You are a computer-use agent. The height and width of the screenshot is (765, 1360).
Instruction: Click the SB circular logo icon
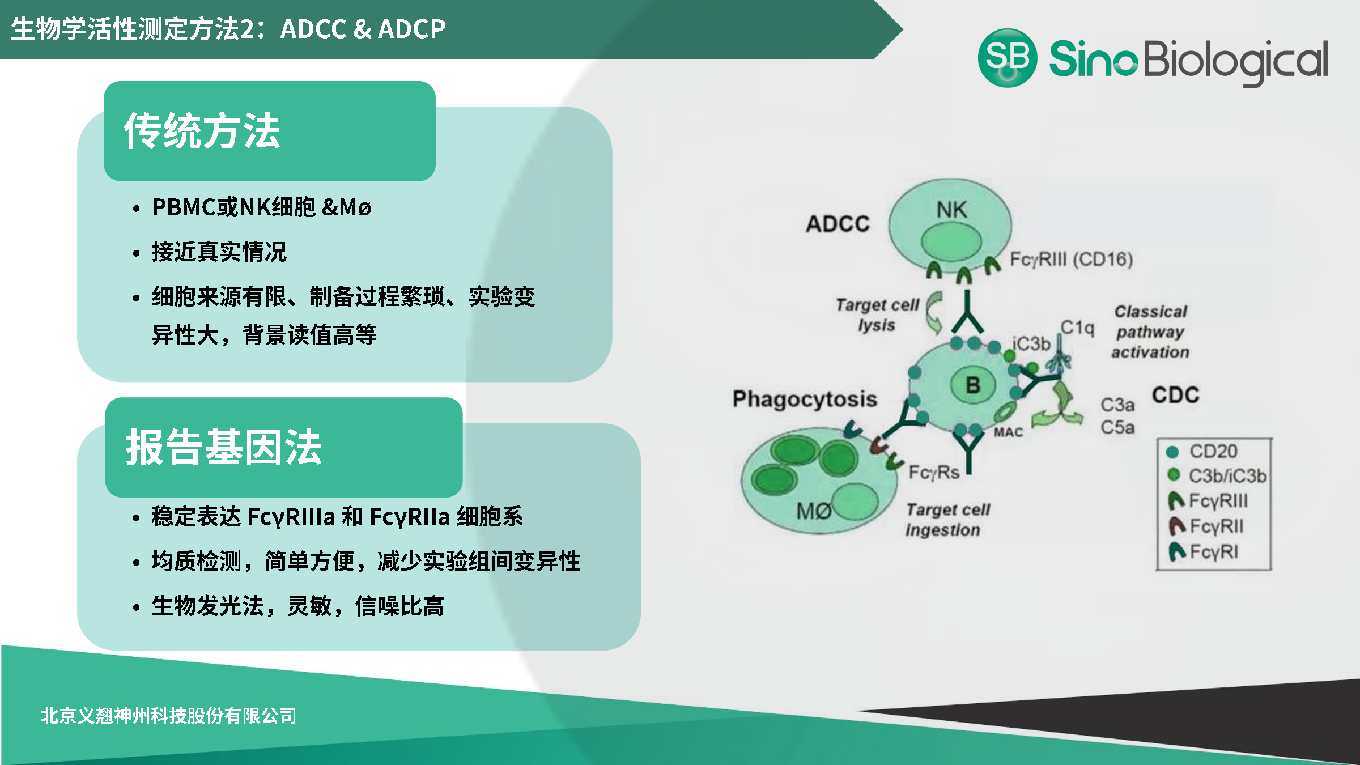(1008, 58)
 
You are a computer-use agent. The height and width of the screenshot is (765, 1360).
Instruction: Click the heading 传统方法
(202, 131)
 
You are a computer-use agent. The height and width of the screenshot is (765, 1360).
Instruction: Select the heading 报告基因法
(224, 447)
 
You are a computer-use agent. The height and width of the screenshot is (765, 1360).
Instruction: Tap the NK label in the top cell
(951, 210)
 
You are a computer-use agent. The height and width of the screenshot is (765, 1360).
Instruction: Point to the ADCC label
(838, 224)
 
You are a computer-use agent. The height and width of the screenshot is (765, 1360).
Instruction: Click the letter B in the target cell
(973, 385)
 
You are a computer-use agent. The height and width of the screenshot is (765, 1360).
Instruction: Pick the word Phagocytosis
(805, 399)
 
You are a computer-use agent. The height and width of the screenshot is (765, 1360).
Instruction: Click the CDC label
(1176, 395)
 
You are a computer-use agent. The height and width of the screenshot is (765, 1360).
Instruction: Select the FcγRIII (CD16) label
(1072, 260)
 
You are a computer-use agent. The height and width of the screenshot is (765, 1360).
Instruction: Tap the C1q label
(1077, 328)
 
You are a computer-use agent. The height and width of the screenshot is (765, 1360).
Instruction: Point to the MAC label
(1009, 432)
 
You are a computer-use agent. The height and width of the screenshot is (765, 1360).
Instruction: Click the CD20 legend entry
(1213, 451)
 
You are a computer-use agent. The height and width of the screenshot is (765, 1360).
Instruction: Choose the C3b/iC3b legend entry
(1227, 476)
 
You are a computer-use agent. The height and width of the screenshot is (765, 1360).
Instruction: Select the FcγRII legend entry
(1216, 526)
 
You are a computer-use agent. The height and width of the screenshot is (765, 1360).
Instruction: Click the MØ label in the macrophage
(814, 512)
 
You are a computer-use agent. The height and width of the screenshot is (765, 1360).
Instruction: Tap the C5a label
(1117, 427)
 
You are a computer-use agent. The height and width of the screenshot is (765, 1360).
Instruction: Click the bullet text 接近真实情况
(219, 252)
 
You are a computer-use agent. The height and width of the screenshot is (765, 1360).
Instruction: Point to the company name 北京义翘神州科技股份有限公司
(168, 716)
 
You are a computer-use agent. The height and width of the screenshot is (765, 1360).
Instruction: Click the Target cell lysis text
(877, 315)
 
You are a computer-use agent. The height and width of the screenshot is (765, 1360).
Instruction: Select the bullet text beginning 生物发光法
(297, 606)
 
